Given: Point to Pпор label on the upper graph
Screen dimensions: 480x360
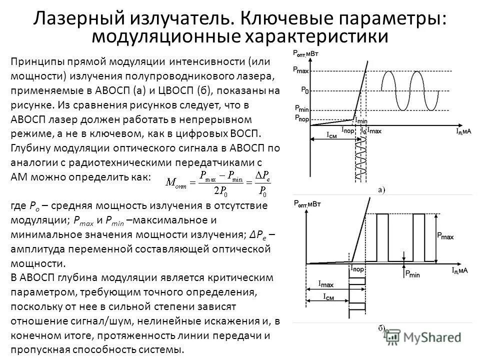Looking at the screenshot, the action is point(301,117).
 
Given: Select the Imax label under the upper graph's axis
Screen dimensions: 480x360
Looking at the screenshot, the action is point(374,130).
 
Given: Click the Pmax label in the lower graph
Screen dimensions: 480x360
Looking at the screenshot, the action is point(446,234).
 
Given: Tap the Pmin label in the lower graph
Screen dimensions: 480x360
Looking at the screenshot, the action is point(413,273).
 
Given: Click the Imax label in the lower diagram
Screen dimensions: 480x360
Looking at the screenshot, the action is point(326,283).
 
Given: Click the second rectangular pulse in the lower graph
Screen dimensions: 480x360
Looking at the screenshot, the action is point(419,237).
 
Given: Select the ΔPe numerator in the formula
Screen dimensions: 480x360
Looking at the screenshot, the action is point(262,175).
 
